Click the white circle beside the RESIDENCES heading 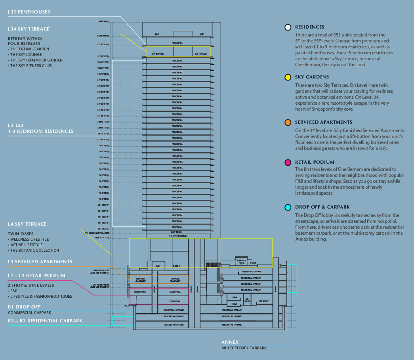point(288,27)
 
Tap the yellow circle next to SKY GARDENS point(288,77)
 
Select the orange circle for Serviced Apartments point(288,123)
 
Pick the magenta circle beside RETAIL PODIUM point(288,162)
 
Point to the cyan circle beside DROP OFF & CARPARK point(288,207)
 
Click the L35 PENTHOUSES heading point(29,12)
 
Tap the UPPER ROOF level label point(103,21)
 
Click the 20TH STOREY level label point(103,140)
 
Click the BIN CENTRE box point(247,301)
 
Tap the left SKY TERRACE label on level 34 point(158,54)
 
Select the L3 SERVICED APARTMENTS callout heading point(40,262)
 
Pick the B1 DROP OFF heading point(24,307)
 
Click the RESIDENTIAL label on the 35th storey point(177,42)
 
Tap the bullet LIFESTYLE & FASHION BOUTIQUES point(41,296)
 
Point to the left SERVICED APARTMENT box point(141,280)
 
